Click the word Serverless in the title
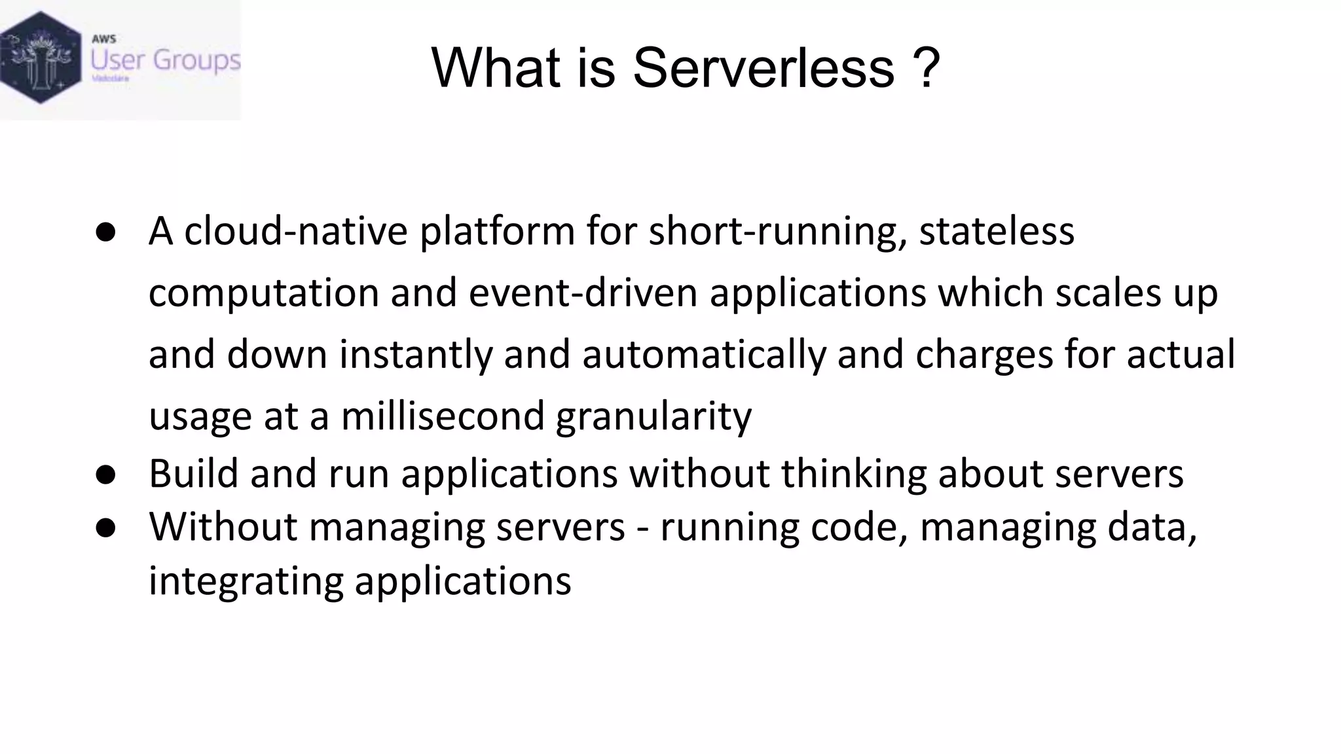tap(763, 68)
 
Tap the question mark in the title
tap(927, 68)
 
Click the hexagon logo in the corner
tap(41, 58)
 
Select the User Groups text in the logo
tap(165, 60)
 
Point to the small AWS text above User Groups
tap(103, 39)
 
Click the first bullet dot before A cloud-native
tap(105, 232)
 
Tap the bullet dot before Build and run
tap(105, 475)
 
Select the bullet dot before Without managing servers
tap(105, 528)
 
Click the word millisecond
tap(443, 416)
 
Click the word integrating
tap(246, 581)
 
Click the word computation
tap(263, 294)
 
